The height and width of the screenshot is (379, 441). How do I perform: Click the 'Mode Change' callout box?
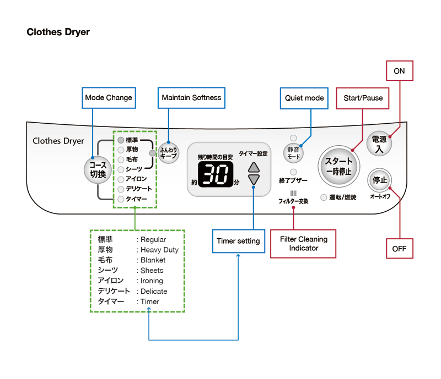point(109,98)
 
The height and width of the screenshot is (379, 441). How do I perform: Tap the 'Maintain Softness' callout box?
point(191,98)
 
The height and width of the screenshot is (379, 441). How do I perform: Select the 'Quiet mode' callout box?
point(304,98)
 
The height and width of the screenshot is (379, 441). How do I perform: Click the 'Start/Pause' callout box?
point(363,98)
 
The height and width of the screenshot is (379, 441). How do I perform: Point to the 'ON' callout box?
point(399,71)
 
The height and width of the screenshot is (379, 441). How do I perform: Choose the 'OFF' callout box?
point(399,249)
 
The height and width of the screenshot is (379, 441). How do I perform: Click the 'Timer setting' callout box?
point(238,241)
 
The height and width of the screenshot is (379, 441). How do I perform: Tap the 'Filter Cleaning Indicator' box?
point(304,244)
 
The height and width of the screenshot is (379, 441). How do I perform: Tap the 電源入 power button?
point(379,144)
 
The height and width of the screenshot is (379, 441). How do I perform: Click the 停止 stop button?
point(380,180)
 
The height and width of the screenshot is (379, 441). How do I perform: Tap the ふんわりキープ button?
point(168,152)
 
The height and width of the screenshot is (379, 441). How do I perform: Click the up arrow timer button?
point(253,168)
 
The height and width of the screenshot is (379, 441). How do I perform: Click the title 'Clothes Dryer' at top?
point(58,32)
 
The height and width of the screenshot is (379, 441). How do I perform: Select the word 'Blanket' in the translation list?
point(153,260)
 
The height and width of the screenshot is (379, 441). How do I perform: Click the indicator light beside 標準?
point(121,140)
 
